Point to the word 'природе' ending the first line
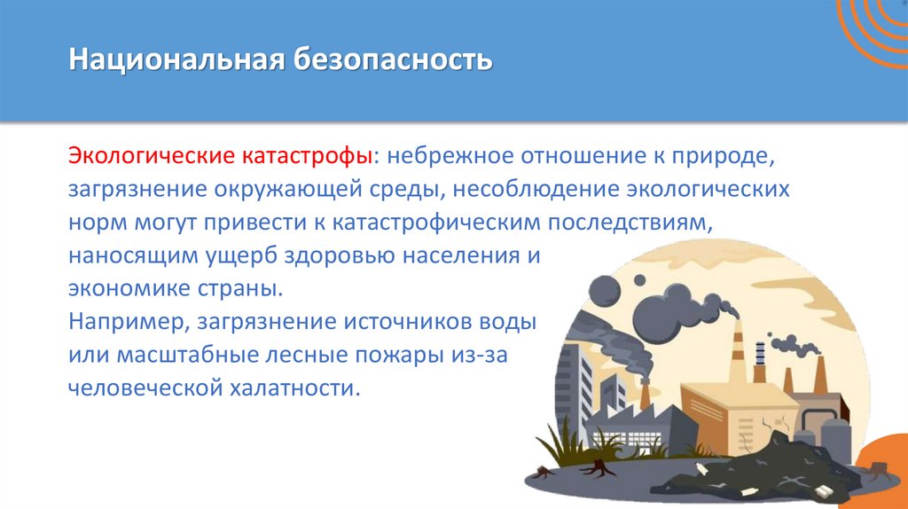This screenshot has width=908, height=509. click(x=727, y=158)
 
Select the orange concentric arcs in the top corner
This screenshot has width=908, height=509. click(x=873, y=31)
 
